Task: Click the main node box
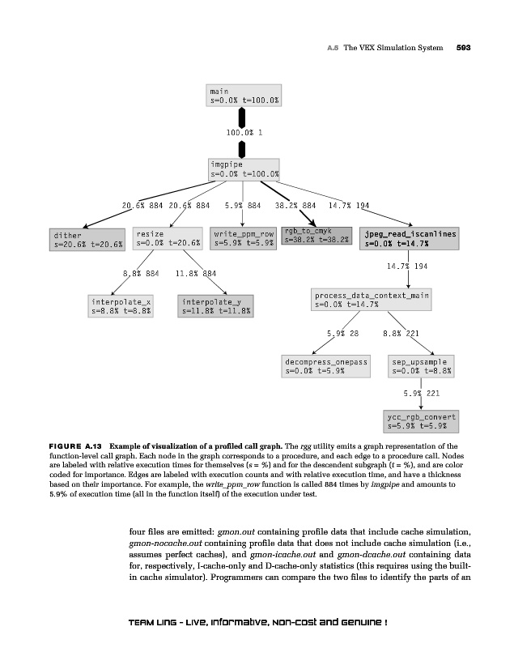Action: coord(244,96)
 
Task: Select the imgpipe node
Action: coord(244,168)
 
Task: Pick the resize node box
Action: coord(168,238)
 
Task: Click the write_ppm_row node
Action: coord(244,237)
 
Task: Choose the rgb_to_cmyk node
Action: coord(316,236)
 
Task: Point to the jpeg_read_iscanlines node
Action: coord(410,237)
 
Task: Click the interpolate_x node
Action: coord(121,305)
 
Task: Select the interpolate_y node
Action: coord(216,305)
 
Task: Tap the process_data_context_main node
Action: coord(372,300)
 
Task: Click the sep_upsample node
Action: coord(420,366)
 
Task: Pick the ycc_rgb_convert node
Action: coord(422,421)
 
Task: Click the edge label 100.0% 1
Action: coord(244,131)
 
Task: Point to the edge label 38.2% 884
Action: coord(295,206)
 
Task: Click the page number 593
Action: coord(463,48)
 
